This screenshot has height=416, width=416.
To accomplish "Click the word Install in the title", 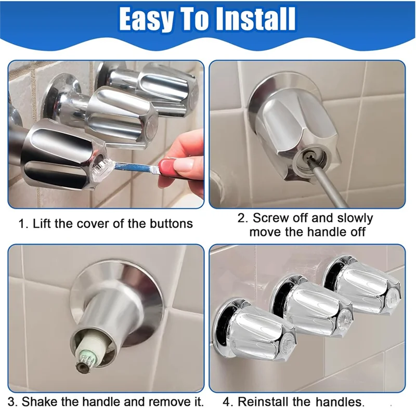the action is (x=256, y=19).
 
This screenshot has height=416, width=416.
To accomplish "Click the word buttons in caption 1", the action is (x=171, y=224).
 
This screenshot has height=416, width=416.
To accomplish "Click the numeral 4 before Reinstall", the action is (x=226, y=402).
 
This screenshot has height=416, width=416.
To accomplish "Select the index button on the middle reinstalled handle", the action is (x=345, y=318).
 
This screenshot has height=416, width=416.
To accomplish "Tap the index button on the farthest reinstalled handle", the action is (x=393, y=297).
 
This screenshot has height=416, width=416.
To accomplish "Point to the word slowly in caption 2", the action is (x=355, y=218).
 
